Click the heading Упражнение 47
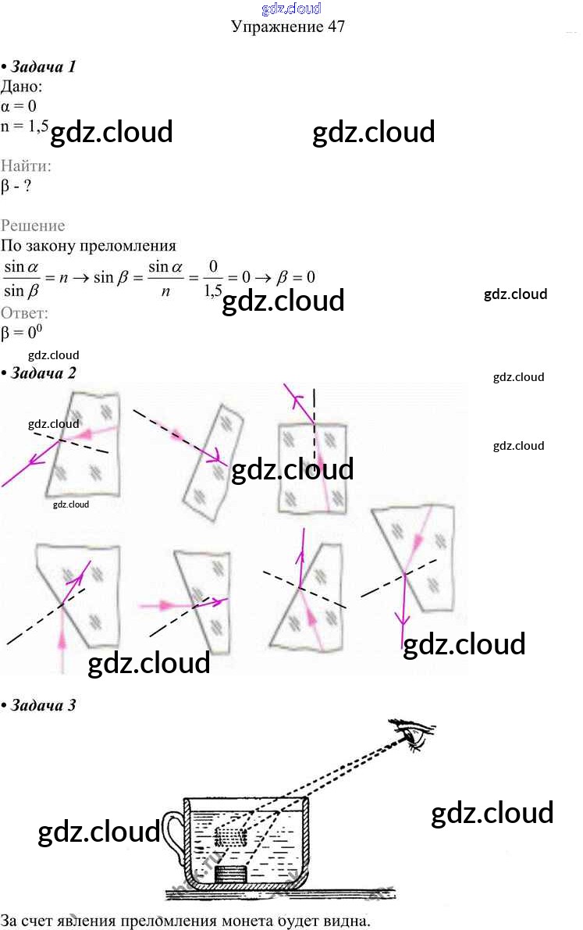click(288, 27)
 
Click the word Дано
click(26, 86)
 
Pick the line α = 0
click(20, 105)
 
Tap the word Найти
click(27, 166)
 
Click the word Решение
click(33, 226)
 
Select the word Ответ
click(25, 313)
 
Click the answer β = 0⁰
click(21, 333)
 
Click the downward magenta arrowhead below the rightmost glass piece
click(403, 622)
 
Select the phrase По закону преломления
click(89, 246)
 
